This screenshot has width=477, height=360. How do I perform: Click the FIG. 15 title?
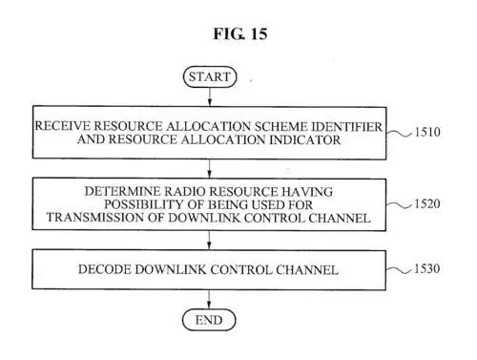click(x=238, y=34)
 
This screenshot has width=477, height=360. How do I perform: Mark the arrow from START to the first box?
click(x=207, y=98)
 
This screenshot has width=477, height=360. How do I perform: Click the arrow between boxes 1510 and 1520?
click(x=207, y=168)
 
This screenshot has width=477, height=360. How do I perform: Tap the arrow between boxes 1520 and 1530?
click(x=207, y=241)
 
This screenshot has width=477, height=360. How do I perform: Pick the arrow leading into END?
click(x=207, y=297)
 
